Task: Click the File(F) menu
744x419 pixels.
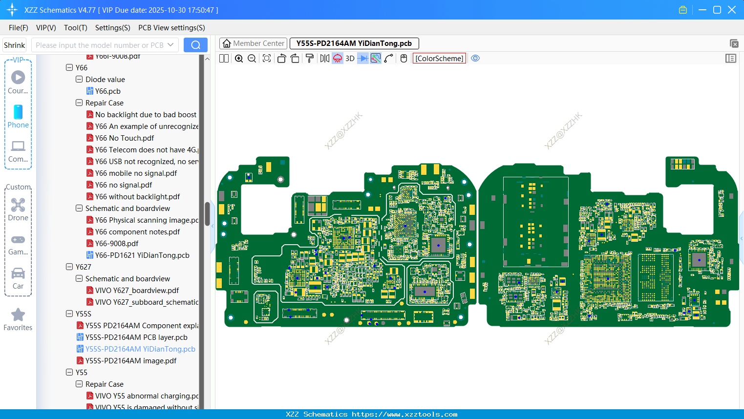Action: tap(18, 28)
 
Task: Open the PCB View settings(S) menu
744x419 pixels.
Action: tap(171, 28)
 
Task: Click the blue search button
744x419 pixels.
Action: tap(195, 45)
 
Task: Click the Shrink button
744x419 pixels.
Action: tap(14, 45)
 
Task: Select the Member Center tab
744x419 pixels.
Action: tap(253, 43)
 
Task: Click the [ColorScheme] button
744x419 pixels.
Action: tap(439, 58)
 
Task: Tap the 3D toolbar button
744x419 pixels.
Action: tap(350, 58)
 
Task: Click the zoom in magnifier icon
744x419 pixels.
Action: tap(239, 58)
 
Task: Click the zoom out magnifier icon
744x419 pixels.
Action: tap(252, 58)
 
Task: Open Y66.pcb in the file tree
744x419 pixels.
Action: tap(107, 91)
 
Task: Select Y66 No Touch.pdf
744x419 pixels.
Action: tap(125, 138)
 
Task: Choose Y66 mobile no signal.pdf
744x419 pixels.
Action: tap(136, 173)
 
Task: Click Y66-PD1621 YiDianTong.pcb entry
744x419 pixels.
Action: tap(142, 255)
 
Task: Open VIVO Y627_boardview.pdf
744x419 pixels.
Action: tap(137, 291)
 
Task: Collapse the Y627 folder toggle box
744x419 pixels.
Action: tap(69, 267)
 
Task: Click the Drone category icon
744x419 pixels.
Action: tap(18, 205)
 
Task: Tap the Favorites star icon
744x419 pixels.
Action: tap(18, 315)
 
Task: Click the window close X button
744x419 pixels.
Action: tap(731, 10)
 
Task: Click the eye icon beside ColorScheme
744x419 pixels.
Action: tap(475, 58)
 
